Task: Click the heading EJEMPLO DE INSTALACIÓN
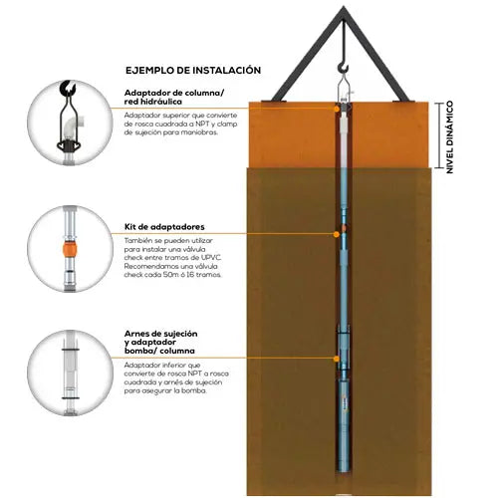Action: click(x=193, y=71)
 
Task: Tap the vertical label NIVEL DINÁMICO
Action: click(x=449, y=137)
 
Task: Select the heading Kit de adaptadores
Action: click(x=164, y=227)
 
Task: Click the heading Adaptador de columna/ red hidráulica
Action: click(x=174, y=97)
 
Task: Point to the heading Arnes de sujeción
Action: click(x=161, y=334)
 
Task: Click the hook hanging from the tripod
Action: click(x=344, y=69)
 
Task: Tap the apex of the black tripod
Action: click(x=344, y=7)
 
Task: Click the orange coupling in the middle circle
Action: click(x=70, y=249)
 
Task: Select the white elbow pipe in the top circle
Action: click(x=76, y=125)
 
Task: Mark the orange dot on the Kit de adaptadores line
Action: click(x=336, y=234)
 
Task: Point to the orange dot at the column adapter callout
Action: click(x=337, y=109)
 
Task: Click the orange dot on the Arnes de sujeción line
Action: click(x=337, y=359)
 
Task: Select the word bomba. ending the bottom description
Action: click(x=195, y=390)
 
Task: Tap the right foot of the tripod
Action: click(x=401, y=101)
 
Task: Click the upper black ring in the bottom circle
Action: click(x=70, y=350)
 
